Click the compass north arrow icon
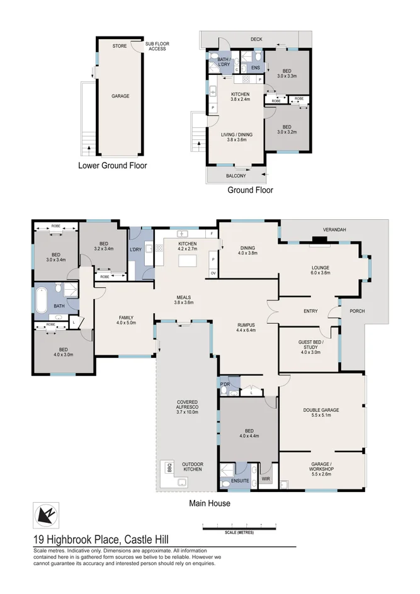tap(46, 515)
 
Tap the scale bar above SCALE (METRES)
tap(239, 524)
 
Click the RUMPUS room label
tap(245, 327)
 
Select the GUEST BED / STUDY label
tap(310, 345)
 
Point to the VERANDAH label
tap(334, 229)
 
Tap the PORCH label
tap(357, 311)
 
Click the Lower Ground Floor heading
tap(112, 166)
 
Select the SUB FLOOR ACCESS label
tap(157, 46)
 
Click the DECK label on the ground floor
tap(256, 40)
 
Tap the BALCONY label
tap(236, 176)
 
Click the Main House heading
tap(210, 503)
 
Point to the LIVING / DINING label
tap(236, 137)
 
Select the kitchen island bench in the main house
tap(187, 259)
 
